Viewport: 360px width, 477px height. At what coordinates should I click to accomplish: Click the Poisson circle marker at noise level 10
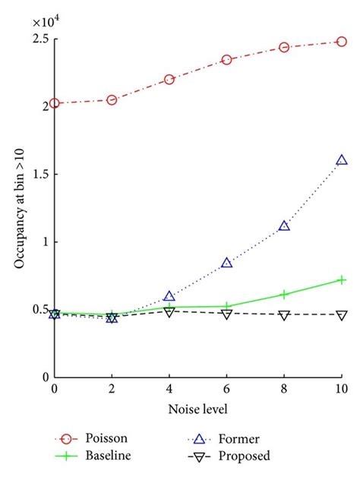342,42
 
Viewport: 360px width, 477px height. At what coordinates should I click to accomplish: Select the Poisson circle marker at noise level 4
169,80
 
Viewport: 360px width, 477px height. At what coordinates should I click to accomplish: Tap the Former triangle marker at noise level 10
342,160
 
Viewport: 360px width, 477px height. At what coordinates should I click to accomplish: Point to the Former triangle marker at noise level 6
227,263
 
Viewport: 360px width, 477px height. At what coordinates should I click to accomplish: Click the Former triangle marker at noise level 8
284,226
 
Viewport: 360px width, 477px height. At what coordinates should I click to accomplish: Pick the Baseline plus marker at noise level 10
342,280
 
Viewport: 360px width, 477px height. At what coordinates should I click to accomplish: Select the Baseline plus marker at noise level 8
284,294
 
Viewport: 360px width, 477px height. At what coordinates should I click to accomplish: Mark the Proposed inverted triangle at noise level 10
342,314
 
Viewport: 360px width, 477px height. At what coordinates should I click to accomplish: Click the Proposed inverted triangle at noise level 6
227,314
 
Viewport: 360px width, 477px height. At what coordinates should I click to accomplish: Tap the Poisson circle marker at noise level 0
55,103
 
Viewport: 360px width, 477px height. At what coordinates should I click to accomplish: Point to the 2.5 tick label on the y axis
40,38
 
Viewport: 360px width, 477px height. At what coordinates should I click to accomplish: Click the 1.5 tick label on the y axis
40,174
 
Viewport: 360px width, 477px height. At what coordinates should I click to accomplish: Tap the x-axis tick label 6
227,389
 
